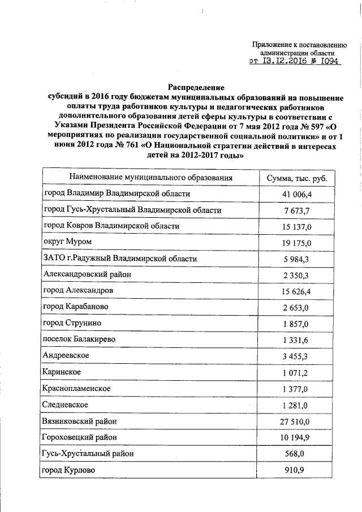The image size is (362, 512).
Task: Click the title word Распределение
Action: point(196,88)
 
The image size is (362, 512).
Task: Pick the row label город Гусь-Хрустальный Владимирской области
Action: point(132,210)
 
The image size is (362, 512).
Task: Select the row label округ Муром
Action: point(67,242)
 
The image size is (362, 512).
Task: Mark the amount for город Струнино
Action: point(300,323)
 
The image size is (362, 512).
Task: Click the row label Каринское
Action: point(62,372)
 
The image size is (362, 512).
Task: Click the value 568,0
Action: point(300,454)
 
